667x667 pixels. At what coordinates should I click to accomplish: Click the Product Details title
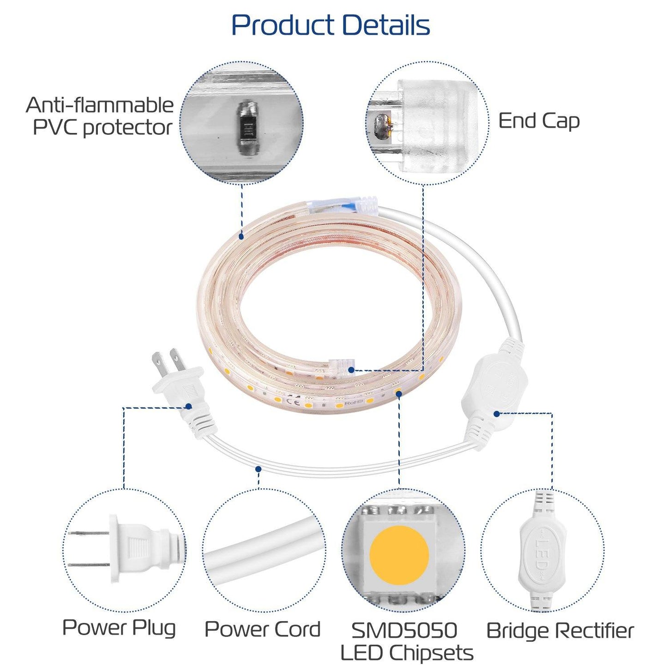[x=330, y=25]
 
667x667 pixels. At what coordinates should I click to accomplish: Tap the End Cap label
[x=539, y=121]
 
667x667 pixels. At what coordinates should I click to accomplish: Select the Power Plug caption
[x=119, y=628]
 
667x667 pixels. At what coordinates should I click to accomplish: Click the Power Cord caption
[x=262, y=629]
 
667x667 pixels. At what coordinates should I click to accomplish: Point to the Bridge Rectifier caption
[x=560, y=631]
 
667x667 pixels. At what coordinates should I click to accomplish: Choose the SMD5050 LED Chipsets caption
[x=406, y=642]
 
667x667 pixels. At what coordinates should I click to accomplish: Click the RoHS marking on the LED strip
[x=353, y=403]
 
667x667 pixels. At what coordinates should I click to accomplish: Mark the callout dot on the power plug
[x=188, y=406]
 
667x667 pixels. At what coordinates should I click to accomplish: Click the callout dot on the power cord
[x=258, y=469]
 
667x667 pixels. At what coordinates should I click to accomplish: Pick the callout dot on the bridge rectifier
[x=496, y=414]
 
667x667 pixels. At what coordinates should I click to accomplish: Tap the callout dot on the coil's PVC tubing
[x=241, y=236]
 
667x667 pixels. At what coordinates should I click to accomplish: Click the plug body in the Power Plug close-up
[x=138, y=549]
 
